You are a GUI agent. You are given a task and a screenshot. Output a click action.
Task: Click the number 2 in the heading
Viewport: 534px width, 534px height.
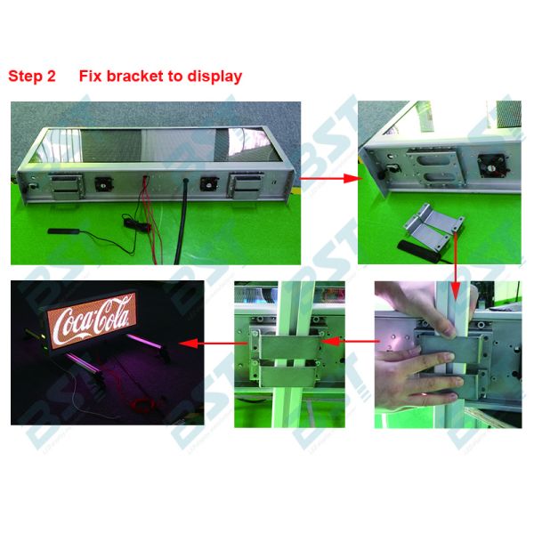click(52, 77)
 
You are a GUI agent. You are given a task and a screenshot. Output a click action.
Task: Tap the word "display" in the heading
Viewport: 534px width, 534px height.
click(214, 77)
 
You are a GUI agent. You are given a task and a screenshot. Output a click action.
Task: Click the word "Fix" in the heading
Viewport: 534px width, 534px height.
click(90, 77)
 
